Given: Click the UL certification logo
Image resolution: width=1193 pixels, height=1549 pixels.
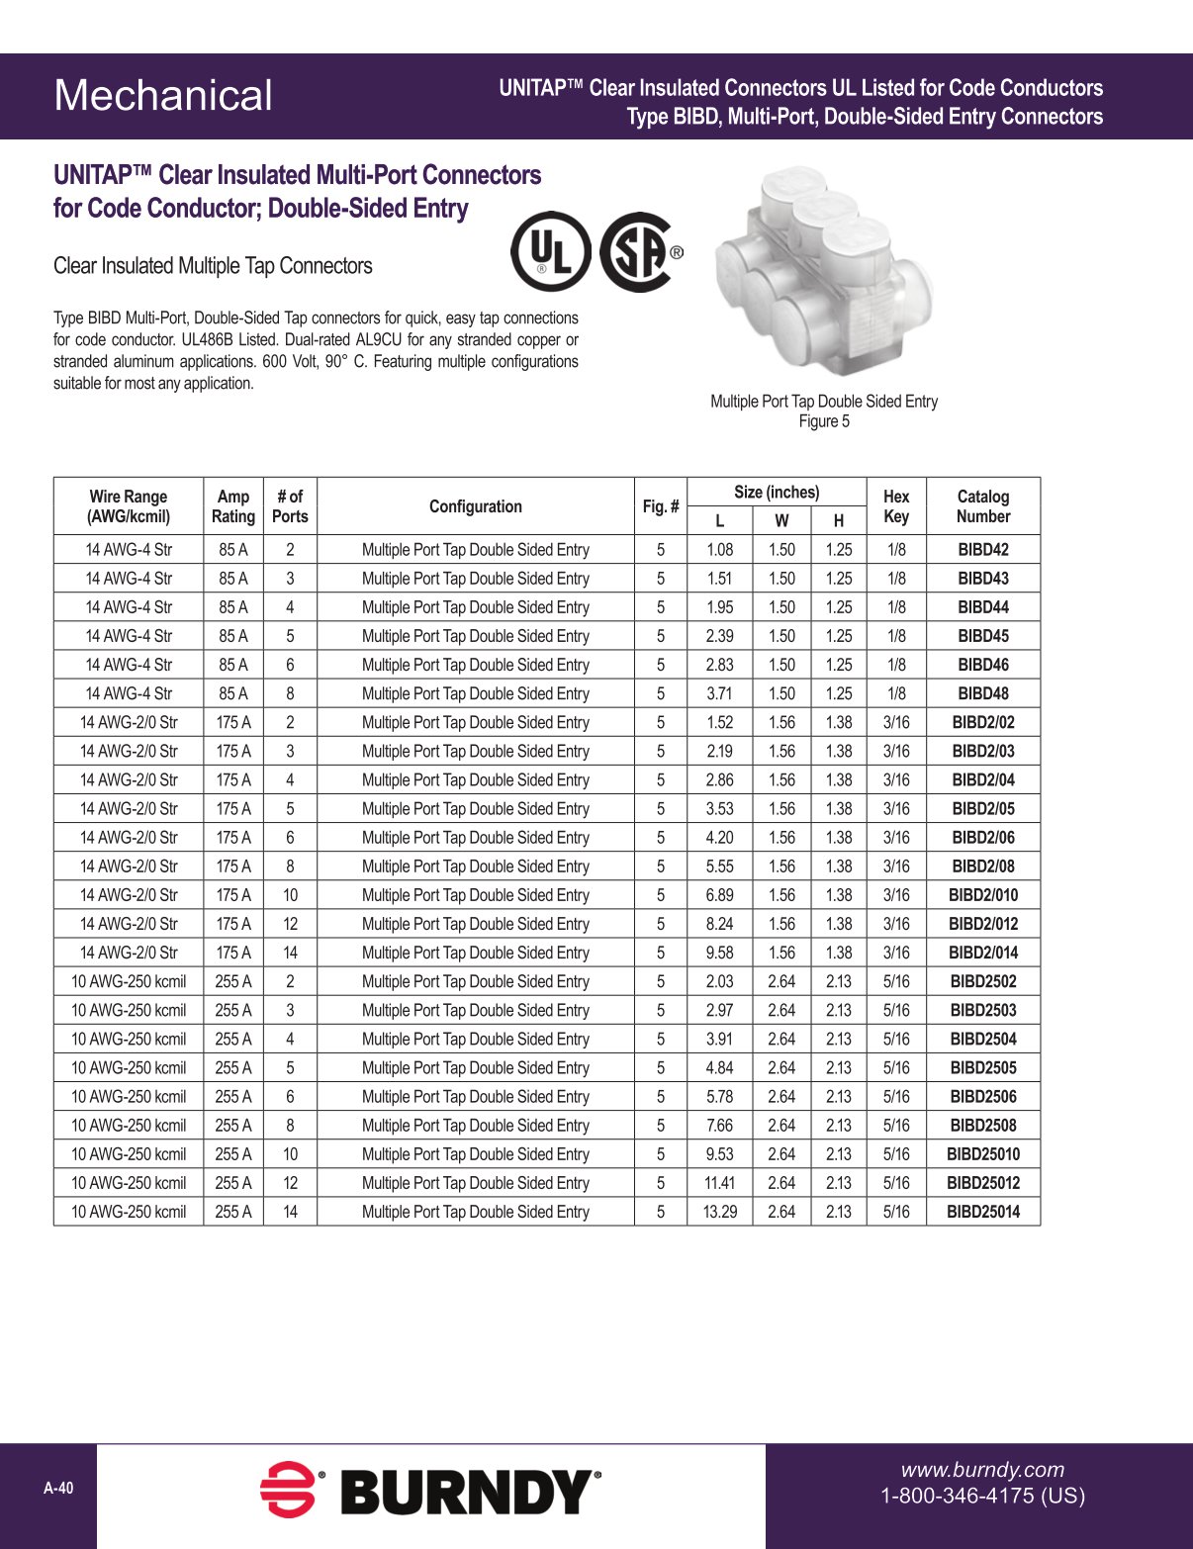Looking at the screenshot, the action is (550, 251).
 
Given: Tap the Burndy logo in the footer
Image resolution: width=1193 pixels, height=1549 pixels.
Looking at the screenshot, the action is (430, 1492).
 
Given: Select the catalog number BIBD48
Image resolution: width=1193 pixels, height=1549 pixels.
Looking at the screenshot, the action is (982, 693).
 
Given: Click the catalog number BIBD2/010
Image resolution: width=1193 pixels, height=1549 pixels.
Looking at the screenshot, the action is (982, 895).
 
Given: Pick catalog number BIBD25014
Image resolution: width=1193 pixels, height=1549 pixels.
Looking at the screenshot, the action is (982, 1212).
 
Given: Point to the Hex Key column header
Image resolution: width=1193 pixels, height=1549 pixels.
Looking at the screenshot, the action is (895, 506).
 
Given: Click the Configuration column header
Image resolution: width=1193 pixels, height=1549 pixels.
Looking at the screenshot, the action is (475, 506).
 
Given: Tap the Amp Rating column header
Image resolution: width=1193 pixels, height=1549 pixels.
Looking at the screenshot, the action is (232, 506).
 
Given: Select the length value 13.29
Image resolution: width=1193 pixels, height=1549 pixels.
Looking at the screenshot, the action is (719, 1212).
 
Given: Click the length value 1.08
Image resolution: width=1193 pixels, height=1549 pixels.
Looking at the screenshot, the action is (719, 550).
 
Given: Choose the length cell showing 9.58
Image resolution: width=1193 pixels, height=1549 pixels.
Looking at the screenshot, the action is (719, 953).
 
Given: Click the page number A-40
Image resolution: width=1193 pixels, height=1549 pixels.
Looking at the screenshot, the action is (58, 1489).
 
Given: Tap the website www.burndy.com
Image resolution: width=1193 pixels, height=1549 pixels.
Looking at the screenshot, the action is (981, 1470).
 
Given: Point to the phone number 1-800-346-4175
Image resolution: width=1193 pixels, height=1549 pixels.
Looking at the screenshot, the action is (982, 1496).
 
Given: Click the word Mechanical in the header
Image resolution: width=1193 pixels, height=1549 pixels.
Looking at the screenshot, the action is (163, 96).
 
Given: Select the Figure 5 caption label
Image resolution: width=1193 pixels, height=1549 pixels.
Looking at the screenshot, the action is (824, 421).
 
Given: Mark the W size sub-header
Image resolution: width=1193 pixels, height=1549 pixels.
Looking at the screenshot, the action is (781, 521).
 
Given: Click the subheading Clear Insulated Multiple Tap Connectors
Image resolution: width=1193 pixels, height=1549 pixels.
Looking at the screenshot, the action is (213, 266).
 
